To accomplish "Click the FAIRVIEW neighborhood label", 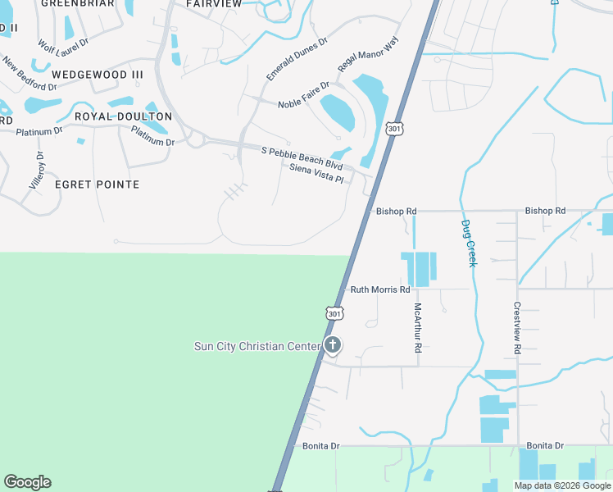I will tap(214, 4).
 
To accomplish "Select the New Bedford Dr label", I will tap(29, 74).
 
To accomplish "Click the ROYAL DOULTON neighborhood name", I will tap(123, 116).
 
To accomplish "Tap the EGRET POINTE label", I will tap(97, 184).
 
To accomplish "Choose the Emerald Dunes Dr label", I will tap(297, 58).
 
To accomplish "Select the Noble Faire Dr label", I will tap(303, 94).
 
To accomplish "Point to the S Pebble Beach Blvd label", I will tap(301, 153).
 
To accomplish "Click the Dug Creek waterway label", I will tap(468, 243).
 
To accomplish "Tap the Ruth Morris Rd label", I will tap(380, 289).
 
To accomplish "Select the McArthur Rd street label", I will tap(418, 328).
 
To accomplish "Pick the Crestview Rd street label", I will tap(517, 329).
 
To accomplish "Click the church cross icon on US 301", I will tap(332, 345).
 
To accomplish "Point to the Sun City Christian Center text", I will tap(257, 346).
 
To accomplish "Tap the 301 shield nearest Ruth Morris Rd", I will tap(334, 313).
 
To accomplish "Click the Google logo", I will tap(27, 482).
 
